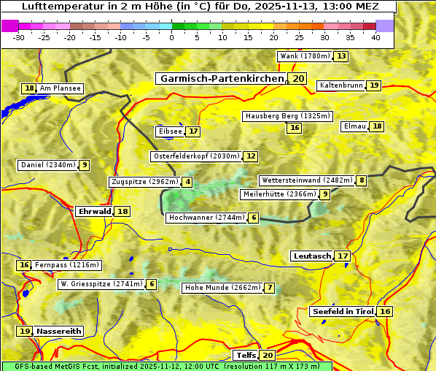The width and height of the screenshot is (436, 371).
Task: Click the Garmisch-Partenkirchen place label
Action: pos(222,79)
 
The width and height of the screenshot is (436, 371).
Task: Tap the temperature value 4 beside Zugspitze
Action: pos(188,182)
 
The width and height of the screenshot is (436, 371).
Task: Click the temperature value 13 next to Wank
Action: pos(341,56)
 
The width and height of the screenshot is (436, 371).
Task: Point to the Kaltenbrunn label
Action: pos(340,85)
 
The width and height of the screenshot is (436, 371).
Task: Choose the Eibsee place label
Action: pos(170,131)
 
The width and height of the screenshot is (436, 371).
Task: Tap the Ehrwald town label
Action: pos(94,211)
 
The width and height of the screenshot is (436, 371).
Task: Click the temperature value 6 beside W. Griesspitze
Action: pos(152,284)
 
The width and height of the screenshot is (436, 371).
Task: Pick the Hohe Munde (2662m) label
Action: pos(222,288)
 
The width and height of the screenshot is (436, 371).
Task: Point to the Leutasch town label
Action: pos(312,256)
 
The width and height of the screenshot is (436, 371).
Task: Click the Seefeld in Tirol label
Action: pos(342,311)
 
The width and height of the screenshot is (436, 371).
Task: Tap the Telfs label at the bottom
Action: pos(246,355)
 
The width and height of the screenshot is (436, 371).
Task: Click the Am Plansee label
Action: pos(60,88)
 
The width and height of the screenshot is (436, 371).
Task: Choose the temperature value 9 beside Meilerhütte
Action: pos(325,194)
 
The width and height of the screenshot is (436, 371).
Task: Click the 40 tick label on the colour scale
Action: pos(375,37)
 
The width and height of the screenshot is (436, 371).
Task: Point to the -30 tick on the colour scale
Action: pos(19,37)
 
